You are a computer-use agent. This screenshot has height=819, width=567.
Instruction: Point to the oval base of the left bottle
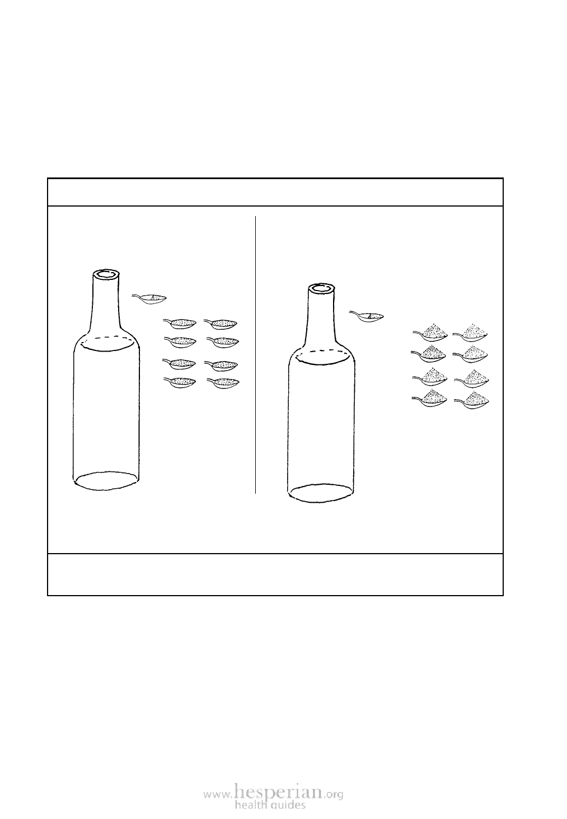(x=106, y=481)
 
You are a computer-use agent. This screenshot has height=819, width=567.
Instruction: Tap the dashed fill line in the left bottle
(x=107, y=339)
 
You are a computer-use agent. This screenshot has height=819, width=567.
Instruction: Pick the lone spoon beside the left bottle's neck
(x=149, y=299)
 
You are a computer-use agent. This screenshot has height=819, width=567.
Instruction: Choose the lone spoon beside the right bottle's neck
(x=366, y=316)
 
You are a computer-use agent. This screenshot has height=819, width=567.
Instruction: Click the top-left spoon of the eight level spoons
(x=180, y=323)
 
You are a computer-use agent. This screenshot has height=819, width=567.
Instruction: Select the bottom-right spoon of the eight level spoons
(x=223, y=382)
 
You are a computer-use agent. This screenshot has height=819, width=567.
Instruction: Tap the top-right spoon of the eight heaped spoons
(x=471, y=333)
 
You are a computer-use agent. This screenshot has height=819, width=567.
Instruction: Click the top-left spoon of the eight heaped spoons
(x=430, y=333)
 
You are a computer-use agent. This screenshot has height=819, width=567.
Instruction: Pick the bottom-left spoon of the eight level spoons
(x=180, y=382)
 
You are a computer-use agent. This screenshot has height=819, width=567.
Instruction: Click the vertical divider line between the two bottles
(x=255, y=355)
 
